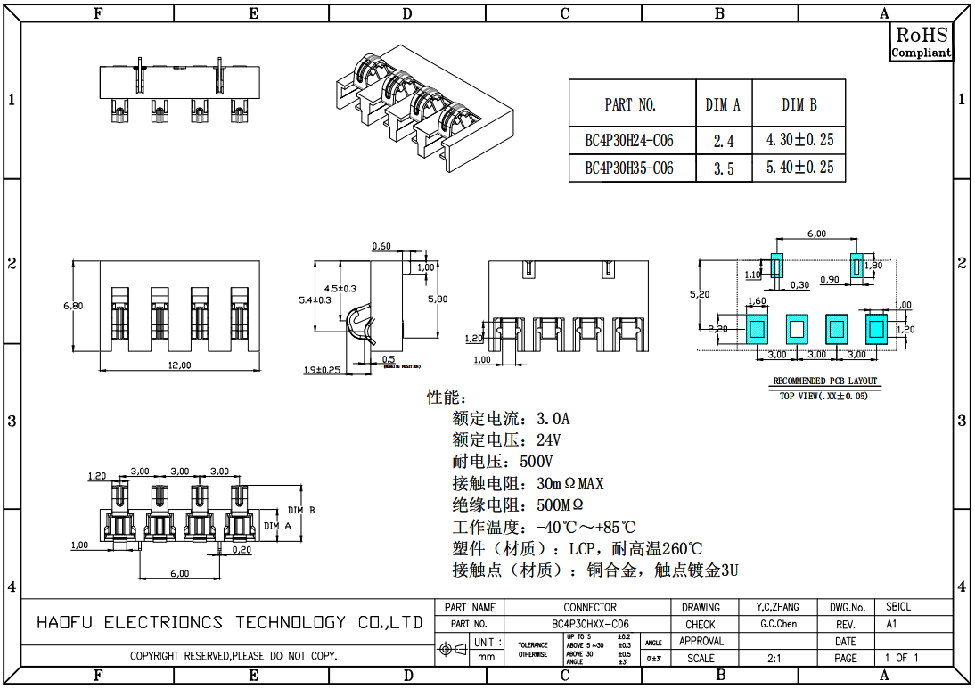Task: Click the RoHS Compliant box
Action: pyautogui.click(x=922, y=42)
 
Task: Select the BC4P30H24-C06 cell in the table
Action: pyautogui.click(x=629, y=141)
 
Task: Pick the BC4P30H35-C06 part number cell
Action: pyautogui.click(x=629, y=168)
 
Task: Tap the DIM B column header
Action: pyautogui.click(x=799, y=105)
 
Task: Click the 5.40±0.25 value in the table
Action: pyautogui.click(x=799, y=168)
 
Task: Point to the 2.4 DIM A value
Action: pyautogui.click(x=724, y=141)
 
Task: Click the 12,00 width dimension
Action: pyautogui.click(x=180, y=365)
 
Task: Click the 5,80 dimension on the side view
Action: pyautogui.click(x=438, y=299)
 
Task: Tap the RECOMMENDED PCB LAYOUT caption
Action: pyautogui.click(x=824, y=381)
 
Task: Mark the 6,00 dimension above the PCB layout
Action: pyautogui.click(x=816, y=234)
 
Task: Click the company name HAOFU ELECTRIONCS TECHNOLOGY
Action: pyautogui.click(x=230, y=622)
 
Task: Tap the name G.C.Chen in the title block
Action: pyautogui.click(x=779, y=624)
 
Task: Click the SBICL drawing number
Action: pyautogui.click(x=898, y=607)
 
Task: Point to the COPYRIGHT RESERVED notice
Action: pyautogui.click(x=234, y=657)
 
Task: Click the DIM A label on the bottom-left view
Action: pyautogui.click(x=278, y=527)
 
